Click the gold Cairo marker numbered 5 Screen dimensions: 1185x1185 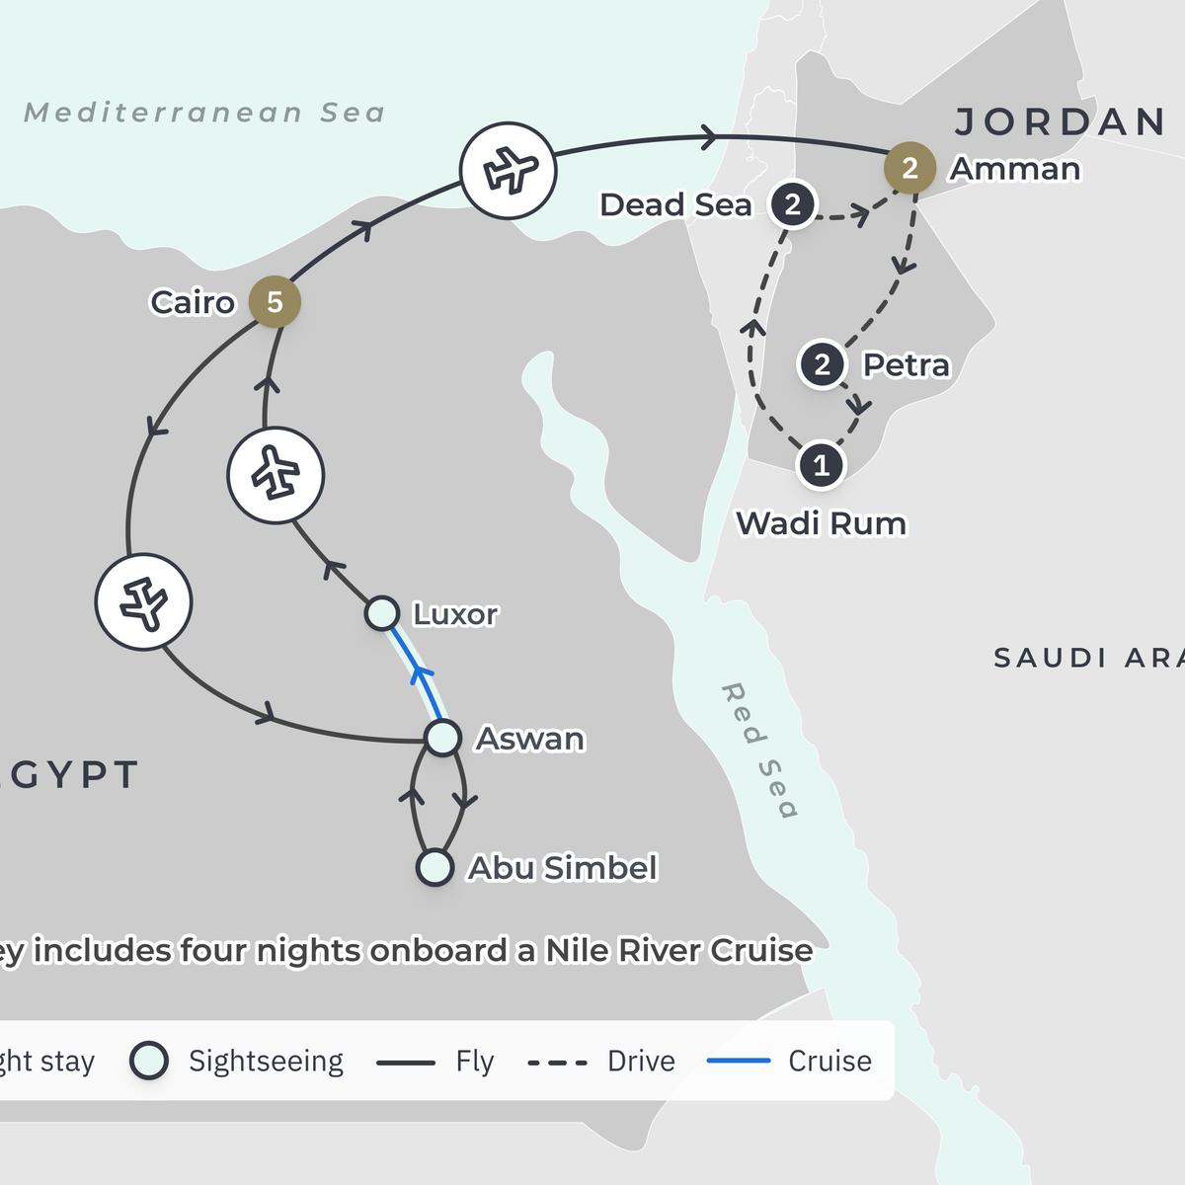pos(275,301)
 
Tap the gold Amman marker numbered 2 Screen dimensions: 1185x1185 pos(909,168)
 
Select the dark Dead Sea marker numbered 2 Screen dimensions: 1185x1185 pos(792,205)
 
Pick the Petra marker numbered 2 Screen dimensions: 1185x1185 pos(822,364)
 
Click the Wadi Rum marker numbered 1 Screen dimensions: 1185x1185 pos(821,464)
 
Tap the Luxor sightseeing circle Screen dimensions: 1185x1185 pos(382,613)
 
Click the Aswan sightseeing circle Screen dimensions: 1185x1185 pos(442,737)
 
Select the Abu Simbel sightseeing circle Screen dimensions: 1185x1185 pos(434,868)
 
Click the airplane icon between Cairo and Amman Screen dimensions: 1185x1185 pos(509,170)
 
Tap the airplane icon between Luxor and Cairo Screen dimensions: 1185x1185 pos(276,475)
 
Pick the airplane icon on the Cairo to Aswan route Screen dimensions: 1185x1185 pos(144,601)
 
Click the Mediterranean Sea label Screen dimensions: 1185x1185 pos(204,113)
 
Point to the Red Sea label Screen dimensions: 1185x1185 pos(758,750)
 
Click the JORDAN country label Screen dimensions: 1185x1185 pos(1061,121)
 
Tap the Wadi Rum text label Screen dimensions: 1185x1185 pos(821,522)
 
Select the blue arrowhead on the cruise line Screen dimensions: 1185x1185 pos(422,675)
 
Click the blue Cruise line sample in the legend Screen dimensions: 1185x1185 pos(739,1061)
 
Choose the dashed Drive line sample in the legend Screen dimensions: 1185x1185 pos(558,1063)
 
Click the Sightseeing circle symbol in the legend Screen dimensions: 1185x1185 pos(149,1061)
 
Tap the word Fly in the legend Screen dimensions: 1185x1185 pos(474,1061)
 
